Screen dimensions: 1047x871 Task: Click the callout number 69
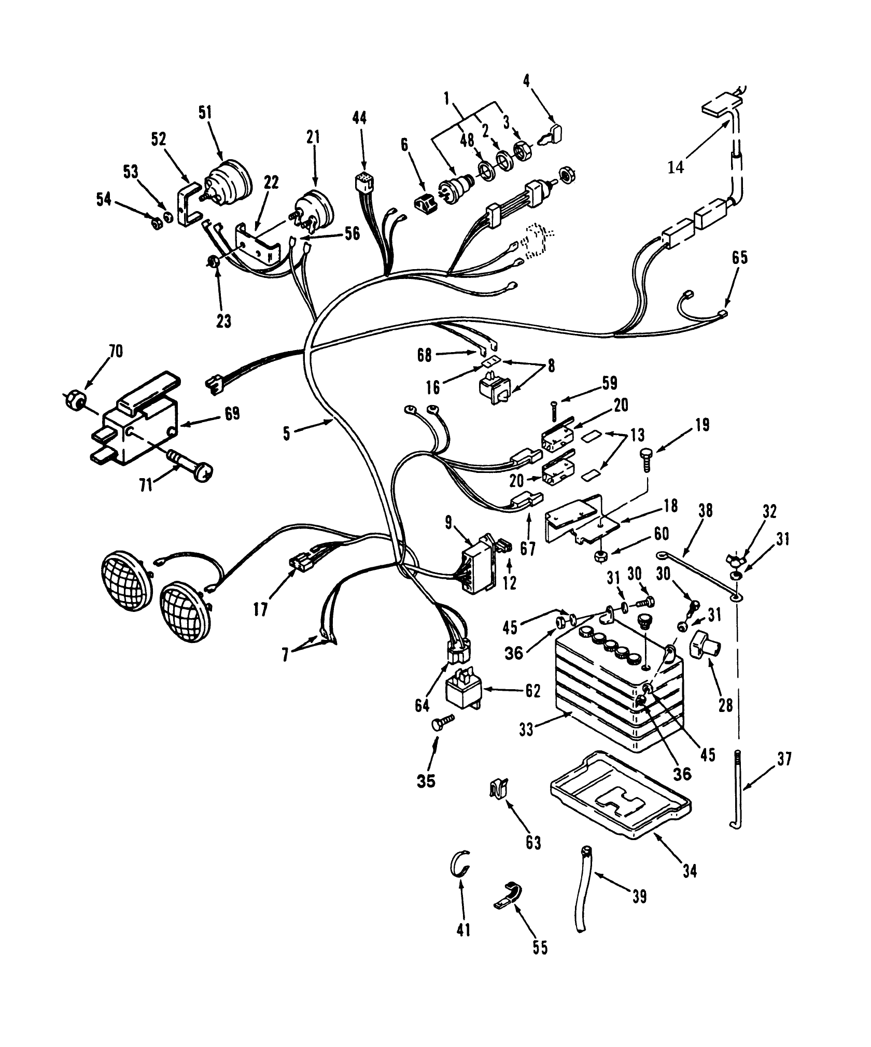[232, 414]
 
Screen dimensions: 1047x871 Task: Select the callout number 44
[359, 118]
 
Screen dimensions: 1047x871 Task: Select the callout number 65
[740, 258]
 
